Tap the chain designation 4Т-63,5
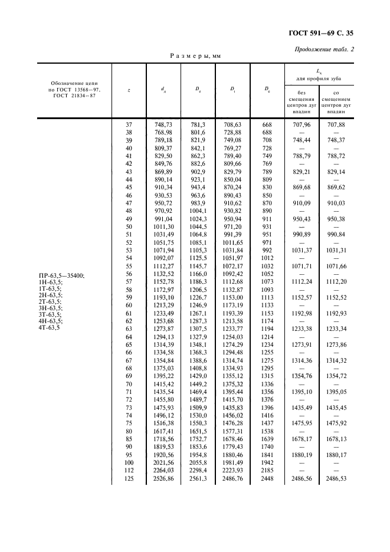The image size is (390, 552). pyautogui.click(x=50, y=327)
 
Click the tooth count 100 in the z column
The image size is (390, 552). pyautogui.click(x=129, y=462)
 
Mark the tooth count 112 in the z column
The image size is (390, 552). pyautogui.click(x=129, y=471)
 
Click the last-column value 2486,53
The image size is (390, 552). pyautogui.click(x=336, y=479)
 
